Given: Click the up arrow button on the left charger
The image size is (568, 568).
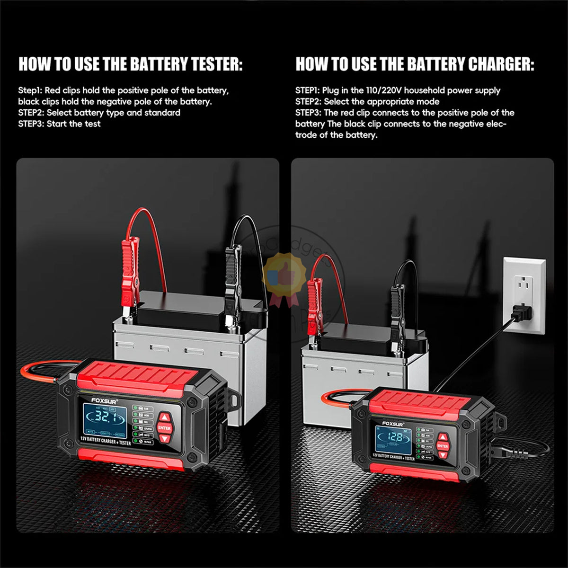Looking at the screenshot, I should [x=164, y=417].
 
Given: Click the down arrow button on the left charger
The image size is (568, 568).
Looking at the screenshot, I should [x=164, y=439].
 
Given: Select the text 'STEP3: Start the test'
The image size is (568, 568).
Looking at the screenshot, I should [x=59, y=124].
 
